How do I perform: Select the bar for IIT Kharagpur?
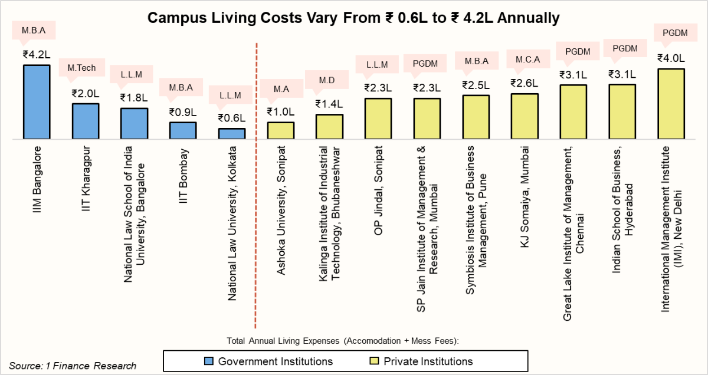click(86, 121)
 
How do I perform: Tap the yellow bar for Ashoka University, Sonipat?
click(281, 130)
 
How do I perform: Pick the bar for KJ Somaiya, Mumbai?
click(525, 116)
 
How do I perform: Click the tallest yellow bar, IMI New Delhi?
click(671, 104)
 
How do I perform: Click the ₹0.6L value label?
click(232, 118)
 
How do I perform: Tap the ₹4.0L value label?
click(671, 58)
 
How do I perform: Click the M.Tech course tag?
click(86, 68)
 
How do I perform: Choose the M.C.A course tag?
click(525, 59)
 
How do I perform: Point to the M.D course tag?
click(329, 80)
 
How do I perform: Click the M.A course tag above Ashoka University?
click(281, 90)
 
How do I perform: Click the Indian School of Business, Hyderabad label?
click(622, 186)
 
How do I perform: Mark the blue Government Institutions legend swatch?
click(208, 361)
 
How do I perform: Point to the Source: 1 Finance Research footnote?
click(73, 366)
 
